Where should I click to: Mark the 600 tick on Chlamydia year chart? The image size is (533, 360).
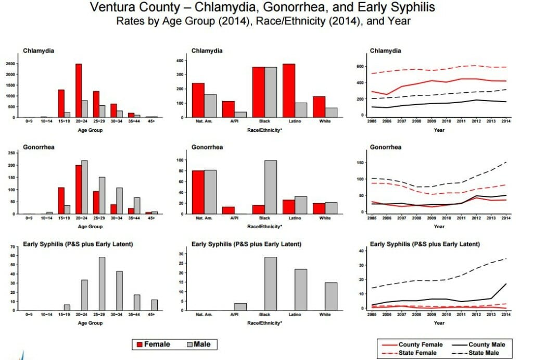(x=360, y=66)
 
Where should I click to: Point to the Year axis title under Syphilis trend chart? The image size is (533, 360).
(x=439, y=323)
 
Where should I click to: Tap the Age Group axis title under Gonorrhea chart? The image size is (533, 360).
(x=90, y=226)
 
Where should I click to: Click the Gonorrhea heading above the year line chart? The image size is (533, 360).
(x=386, y=147)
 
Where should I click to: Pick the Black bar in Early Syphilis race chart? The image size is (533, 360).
(x=271, y=283)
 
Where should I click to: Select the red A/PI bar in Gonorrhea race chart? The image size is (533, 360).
(x=229, y=210)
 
